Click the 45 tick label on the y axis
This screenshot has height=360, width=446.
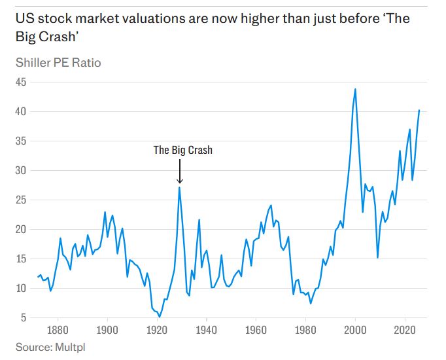pyautogui.click(x=22, y=82)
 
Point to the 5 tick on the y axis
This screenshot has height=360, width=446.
pyautogui.click(x=24, y=318)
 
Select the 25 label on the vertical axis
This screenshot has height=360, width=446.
pyautogui.click(x=22, y=200)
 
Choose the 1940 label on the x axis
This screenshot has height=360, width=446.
pyautogui.click(x=206, y=330)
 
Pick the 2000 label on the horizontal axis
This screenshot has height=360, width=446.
pyautogui.click(x=355, y=330)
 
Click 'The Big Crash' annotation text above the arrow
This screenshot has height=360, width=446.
pyautogui.click(x=182, y=150)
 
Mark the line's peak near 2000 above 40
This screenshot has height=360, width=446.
pyautogui.click(x=355, y=89)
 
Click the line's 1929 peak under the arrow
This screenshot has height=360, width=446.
pyautogui.click(x=179, y=188)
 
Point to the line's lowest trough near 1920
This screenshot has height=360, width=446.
pyautogui.click(x=160, y=317)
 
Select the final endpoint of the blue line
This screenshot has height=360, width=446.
pyautogui.click(x=419, y=110)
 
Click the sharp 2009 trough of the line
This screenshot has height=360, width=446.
pyautogui.click(x=377, y=257)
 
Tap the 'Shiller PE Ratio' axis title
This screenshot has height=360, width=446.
pyautogui.click(x=58, y=63)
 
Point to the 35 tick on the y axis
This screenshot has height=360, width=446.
pyautogui.click(x=22, y=141)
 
